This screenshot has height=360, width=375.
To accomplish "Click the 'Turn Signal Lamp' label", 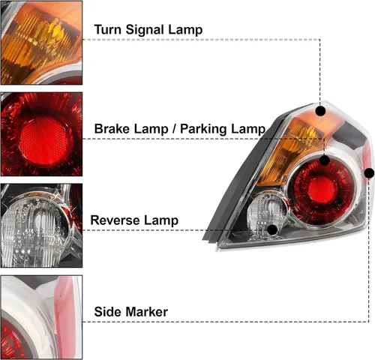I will coord(148,31).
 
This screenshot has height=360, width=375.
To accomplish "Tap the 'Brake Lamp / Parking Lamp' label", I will coord(179,129).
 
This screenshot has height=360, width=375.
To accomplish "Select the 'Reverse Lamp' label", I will coord(134,220).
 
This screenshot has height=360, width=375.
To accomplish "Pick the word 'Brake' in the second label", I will coord(112,129).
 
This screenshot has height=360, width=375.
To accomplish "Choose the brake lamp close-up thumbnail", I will coord(41,134).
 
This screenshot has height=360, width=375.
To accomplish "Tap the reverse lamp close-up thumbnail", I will coord(41,225).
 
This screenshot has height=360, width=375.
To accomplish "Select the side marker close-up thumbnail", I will coord(41,317).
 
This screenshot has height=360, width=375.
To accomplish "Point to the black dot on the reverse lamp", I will coord(271,229).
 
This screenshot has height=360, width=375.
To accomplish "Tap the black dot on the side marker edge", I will coord(369,173).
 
